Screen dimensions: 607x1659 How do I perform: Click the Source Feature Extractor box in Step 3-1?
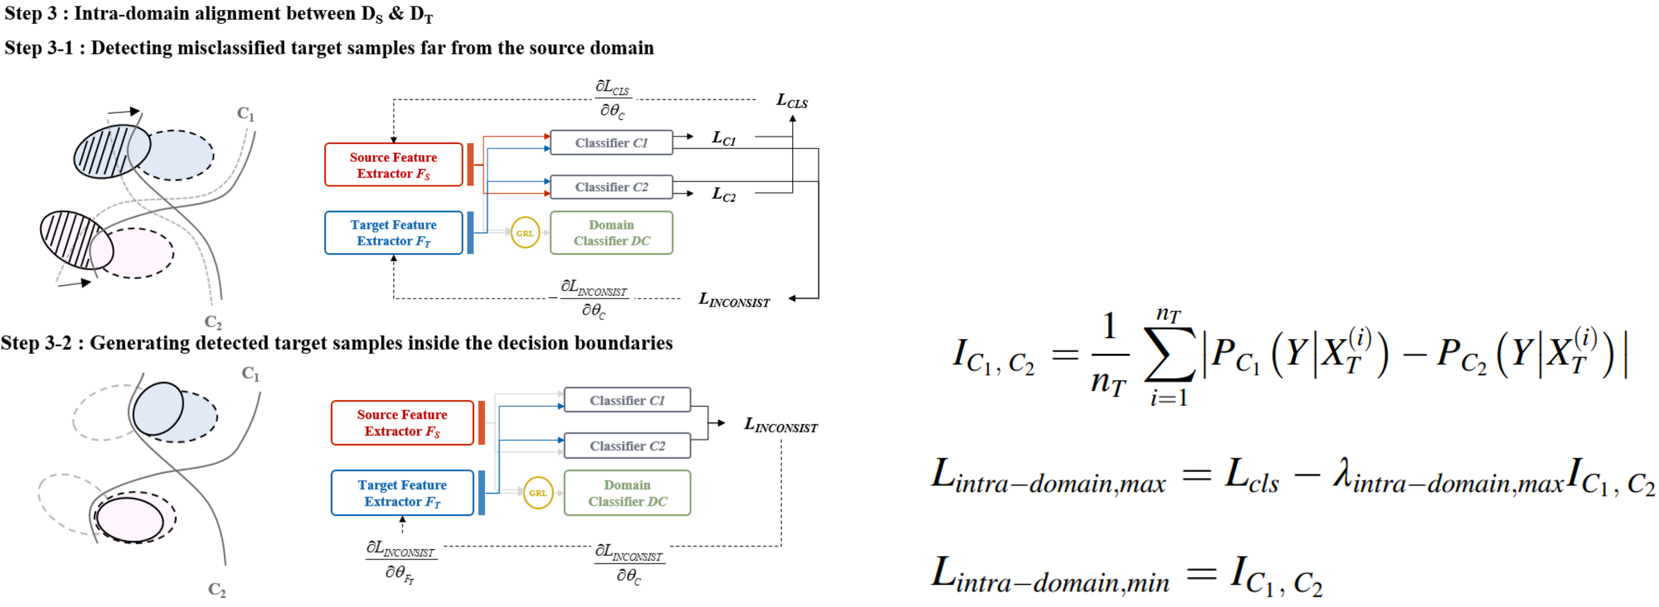394,165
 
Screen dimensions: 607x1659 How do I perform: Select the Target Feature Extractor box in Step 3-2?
402,493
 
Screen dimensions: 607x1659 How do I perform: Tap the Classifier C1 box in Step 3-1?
611,142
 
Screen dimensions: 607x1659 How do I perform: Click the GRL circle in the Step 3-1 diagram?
525,233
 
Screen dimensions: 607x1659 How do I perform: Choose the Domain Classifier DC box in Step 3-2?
627,493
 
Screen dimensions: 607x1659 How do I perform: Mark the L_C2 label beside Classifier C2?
723,194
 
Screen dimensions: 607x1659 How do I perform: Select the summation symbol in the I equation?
1169,361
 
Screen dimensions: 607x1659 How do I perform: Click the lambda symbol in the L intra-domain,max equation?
1341,477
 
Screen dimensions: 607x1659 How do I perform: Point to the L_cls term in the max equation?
1251,477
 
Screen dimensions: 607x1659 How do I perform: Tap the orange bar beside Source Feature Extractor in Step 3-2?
481,423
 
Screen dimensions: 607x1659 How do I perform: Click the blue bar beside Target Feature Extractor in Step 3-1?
470,233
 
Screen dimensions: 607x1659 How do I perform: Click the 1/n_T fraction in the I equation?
1109,355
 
